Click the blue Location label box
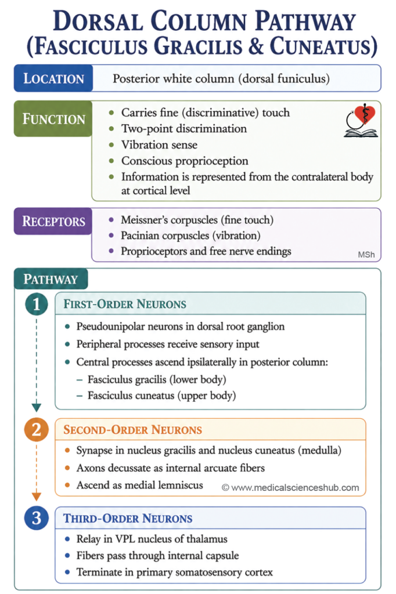point(53,78)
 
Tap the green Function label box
point(53,118)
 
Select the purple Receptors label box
point(53,221)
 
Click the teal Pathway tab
point(51,279)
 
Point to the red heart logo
point(365,114)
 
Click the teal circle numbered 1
point(37,304)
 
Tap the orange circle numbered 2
point(37,430)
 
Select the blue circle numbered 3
point(37,518)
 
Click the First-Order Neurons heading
point(125,304)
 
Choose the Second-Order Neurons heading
point(133,430)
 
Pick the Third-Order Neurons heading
point(128,518)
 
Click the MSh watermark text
point(366,255)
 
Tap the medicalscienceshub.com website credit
point(290,487)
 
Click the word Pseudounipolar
point(109,327)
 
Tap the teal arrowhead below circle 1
point(37,408)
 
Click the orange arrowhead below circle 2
point(37,497)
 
